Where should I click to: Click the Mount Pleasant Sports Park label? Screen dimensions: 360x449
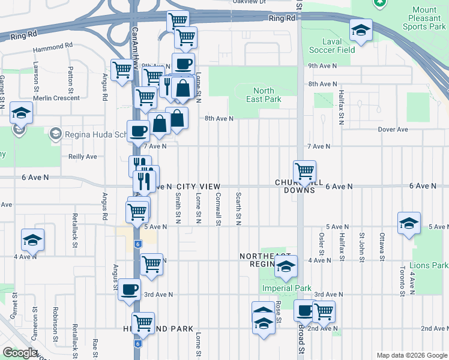424,18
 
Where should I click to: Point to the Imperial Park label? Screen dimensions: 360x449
286,288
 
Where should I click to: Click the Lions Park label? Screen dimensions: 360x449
429,265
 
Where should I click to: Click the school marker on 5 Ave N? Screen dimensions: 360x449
409,223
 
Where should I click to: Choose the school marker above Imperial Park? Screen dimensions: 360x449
286,267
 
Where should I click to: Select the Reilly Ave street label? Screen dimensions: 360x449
83,157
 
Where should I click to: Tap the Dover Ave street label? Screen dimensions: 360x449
393,130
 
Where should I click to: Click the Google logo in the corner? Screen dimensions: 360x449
20,353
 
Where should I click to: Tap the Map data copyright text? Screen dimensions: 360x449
411,355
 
